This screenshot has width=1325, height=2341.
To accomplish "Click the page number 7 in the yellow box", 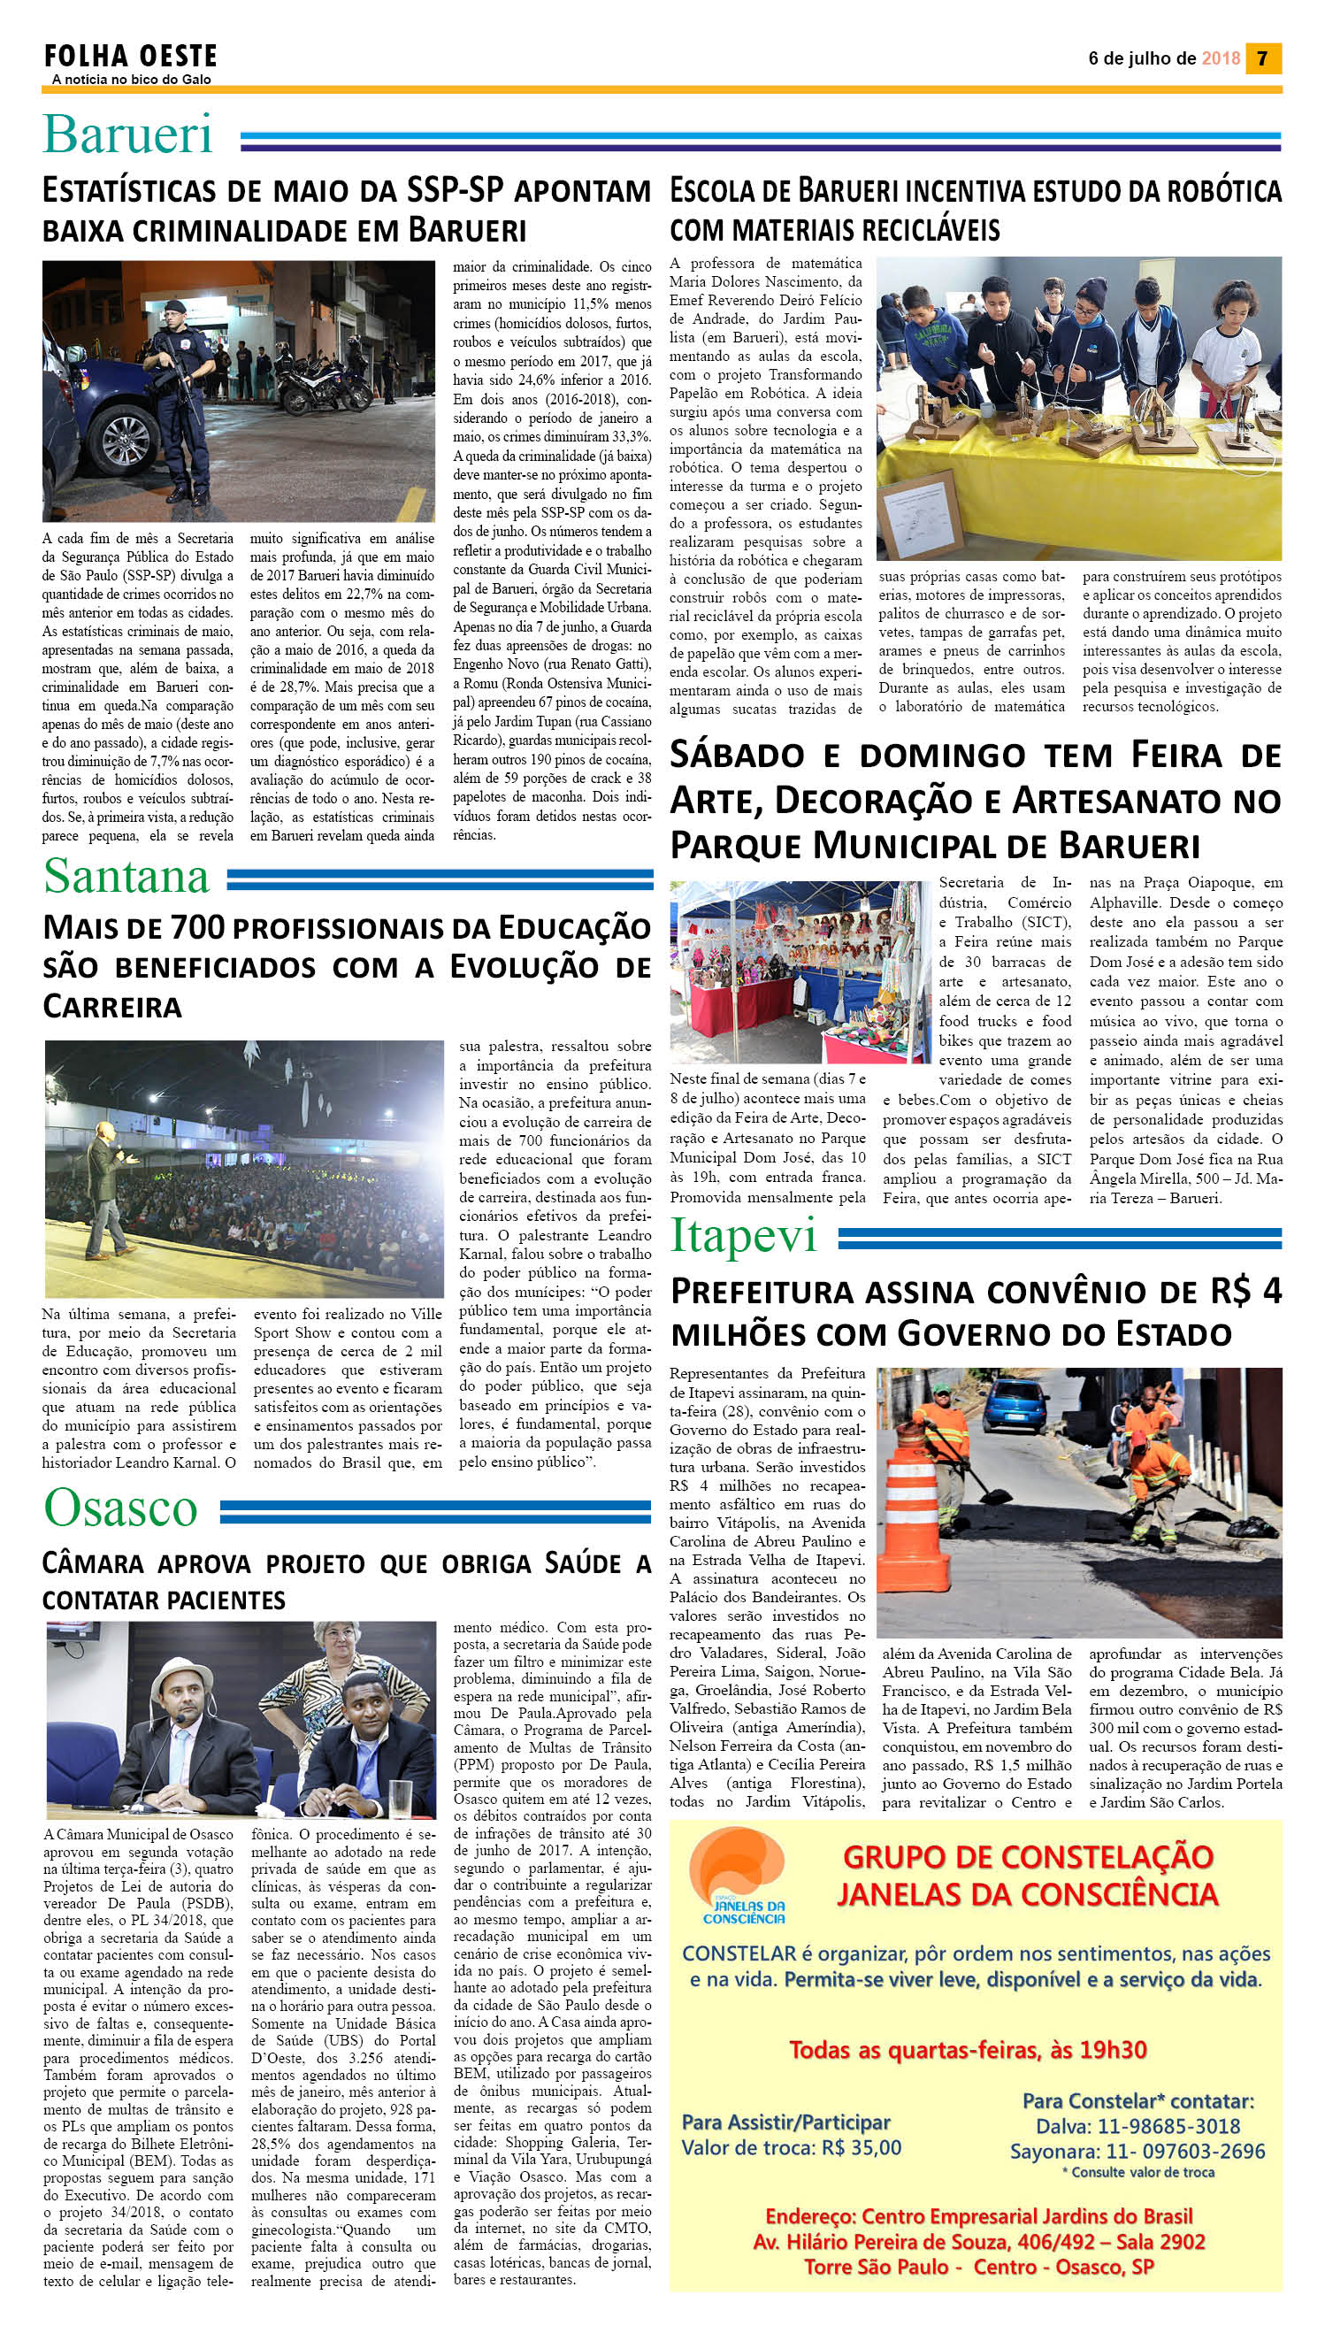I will point(1262,58).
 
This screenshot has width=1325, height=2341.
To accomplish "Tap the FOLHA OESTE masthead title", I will point(131,57).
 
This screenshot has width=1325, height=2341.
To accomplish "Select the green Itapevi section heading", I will point(744,1236).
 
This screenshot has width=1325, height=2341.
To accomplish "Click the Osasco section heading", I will point(120,1508).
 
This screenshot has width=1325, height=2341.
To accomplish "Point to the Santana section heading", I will point(126,876).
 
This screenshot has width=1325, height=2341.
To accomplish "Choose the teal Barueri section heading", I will point(127,135).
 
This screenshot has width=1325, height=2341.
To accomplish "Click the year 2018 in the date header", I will point(1221,58).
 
